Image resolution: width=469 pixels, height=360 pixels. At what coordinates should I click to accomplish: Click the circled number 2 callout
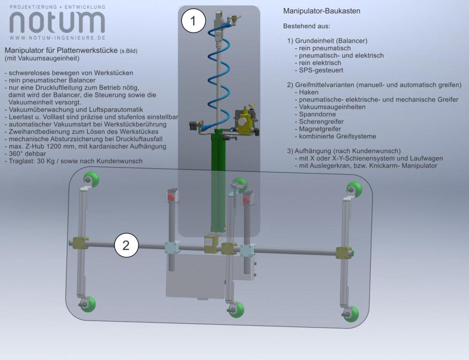click(x=126, y=245)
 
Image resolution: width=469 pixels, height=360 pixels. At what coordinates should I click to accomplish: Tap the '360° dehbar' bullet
click(x=25, y=153)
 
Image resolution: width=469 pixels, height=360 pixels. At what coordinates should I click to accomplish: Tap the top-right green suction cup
click(x=355, y=189)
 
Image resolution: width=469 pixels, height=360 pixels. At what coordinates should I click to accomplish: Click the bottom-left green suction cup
click(x=89, y=304)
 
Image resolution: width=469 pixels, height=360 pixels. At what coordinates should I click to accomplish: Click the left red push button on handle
click(x=171, y=195)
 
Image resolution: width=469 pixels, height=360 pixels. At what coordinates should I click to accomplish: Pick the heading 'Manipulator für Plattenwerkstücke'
click(x=61, y=50)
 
